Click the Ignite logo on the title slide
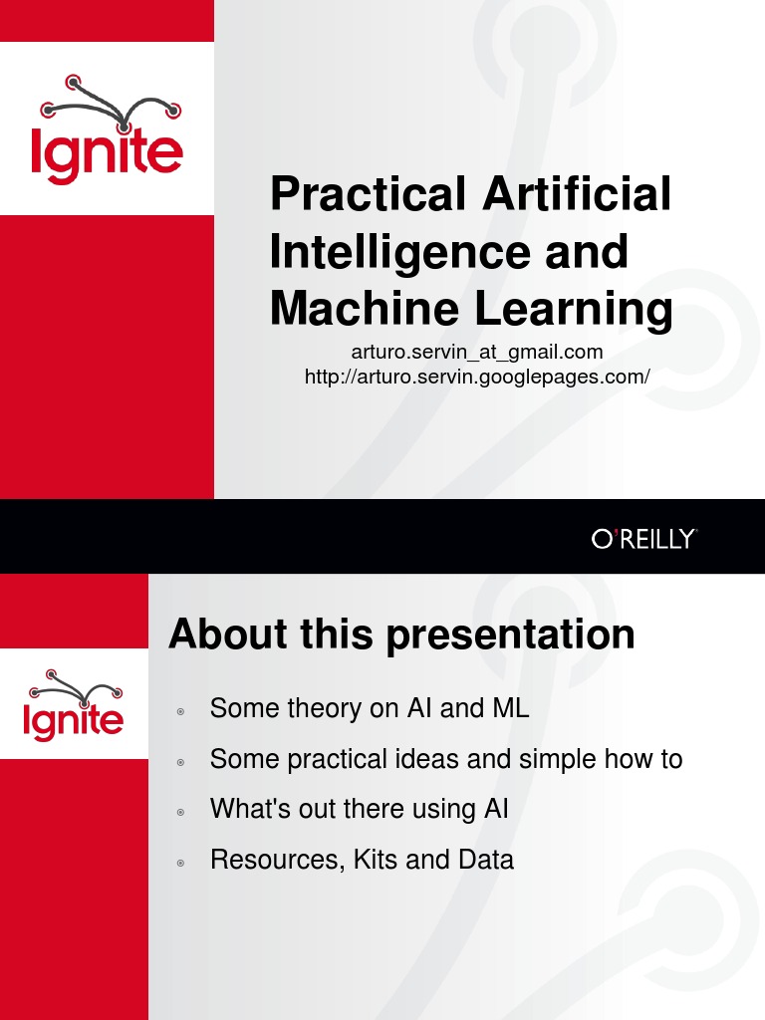[107, 130]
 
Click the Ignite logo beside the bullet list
[75, 707]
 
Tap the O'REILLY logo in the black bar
[643, 540]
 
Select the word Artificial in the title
[577, 194]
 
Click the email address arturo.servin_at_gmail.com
[477, 352]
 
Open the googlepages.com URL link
[477, 377]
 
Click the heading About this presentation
[401, 635]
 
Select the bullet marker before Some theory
[180, 711]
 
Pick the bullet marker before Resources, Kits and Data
[180, 863]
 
